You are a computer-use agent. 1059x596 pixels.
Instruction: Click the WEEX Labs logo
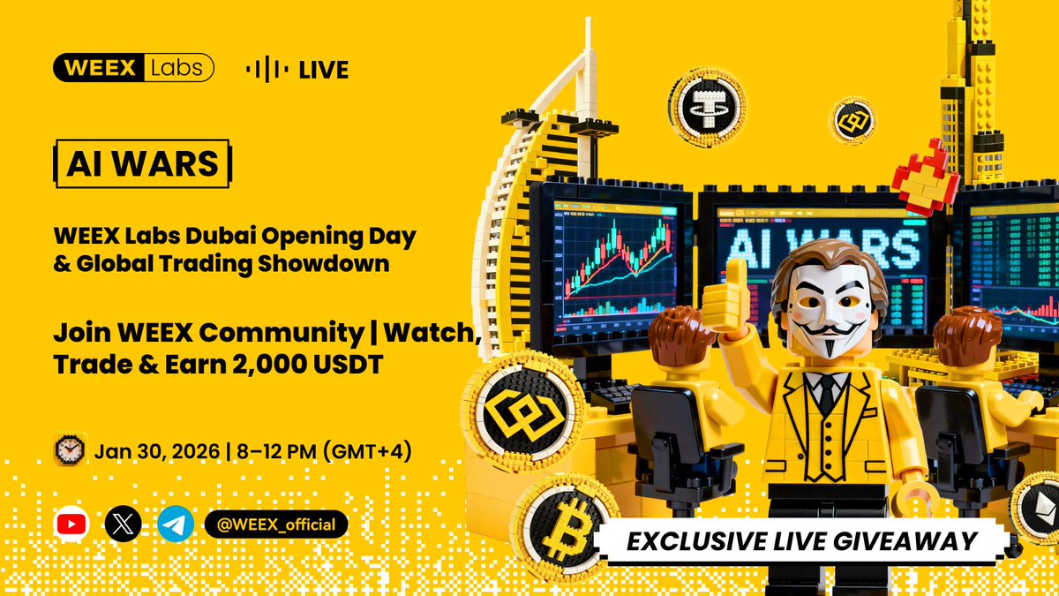133,68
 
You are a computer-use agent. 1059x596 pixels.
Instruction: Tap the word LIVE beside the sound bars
324,70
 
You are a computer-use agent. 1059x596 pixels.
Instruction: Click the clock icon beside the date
69,450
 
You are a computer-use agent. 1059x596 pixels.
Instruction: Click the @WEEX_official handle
276,524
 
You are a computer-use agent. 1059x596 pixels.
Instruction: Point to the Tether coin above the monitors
707,108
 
